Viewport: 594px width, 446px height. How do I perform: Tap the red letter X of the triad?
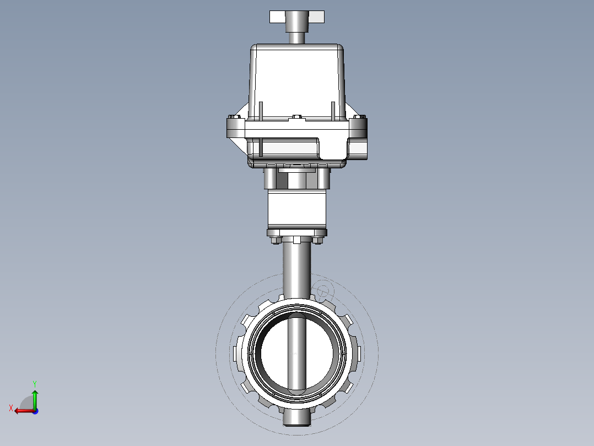10,408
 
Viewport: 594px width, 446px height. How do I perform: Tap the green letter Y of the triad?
34,383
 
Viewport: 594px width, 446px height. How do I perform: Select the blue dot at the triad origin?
35,411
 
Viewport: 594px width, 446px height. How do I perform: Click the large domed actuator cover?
298,77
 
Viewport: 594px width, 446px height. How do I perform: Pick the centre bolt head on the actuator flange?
298,118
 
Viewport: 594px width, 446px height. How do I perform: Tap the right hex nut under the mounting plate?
318,240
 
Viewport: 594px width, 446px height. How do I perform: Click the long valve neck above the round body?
297,270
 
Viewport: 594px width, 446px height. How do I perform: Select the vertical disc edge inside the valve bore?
298,353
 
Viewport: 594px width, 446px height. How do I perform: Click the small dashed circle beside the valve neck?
323,290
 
